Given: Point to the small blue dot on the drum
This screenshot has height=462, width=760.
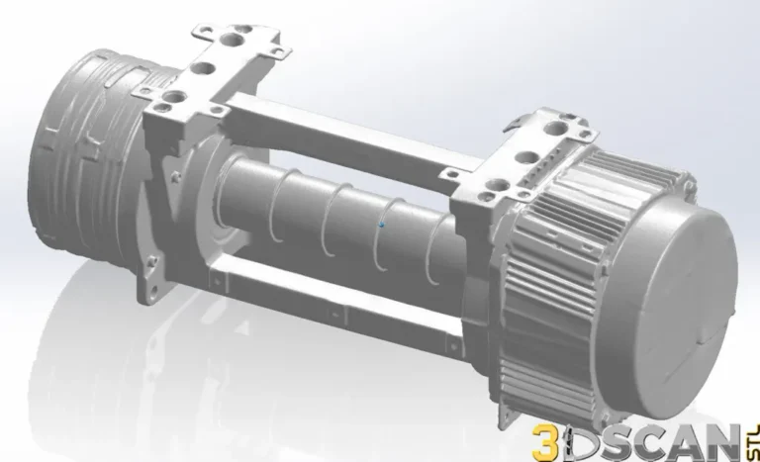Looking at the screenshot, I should pos(382,224).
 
